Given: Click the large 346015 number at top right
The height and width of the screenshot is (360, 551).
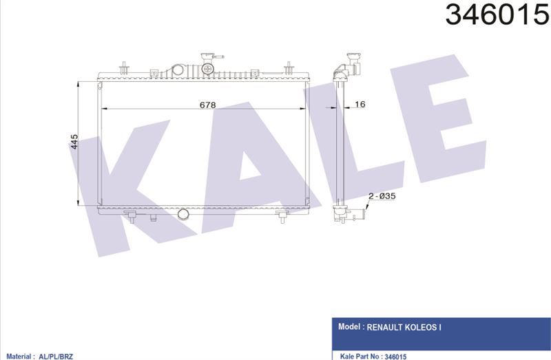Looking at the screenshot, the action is point(497,14).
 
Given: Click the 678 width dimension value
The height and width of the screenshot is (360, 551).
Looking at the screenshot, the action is point(207,105).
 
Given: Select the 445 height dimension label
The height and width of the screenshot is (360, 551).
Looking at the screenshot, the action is point(74,142).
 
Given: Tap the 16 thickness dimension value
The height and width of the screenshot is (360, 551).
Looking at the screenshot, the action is point(360,104).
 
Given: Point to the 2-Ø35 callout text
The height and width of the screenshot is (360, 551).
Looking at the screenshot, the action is point(382,195).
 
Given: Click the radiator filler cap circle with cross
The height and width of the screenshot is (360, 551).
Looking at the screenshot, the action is point(208,69).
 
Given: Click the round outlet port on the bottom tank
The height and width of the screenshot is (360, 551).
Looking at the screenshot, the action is point(183,214).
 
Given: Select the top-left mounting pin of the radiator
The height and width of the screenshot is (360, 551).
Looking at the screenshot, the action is point(125,67).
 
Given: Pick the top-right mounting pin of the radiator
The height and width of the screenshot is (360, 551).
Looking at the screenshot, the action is point(289,67).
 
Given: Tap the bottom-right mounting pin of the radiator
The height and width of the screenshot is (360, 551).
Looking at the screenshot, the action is point(282,217).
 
